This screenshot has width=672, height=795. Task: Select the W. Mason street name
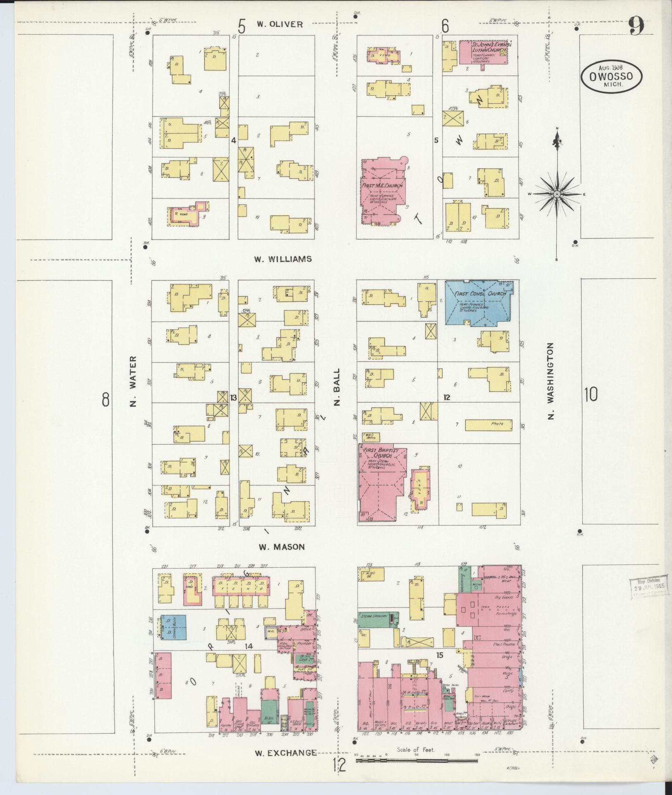pyautogui.click(x=282, y=547)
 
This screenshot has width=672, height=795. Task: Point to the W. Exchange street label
pyautogui.click(x=286, y=753)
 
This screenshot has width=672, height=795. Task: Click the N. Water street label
pyautogui.click(x=133, y=381)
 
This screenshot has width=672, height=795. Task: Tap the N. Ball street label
pyautogui.click(x=337, y=387)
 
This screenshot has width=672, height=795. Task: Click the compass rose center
pyautogui.click(x=557, y=194)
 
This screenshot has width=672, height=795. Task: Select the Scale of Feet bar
pyautogui.click(x=417, y=759)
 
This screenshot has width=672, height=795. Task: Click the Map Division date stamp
pyautogui.click(x=648, y=587)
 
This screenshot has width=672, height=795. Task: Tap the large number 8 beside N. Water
pyautogui.click(x=106, y=399)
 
